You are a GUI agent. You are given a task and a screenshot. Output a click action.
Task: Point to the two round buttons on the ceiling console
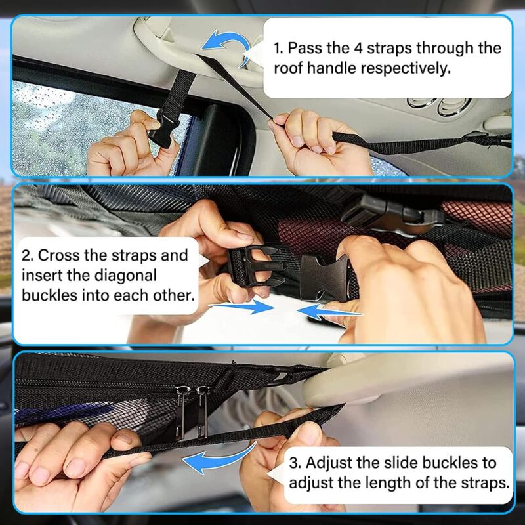click(x=439, y=106)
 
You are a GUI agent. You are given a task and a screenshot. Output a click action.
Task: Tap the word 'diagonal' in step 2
click(x=125, y=276)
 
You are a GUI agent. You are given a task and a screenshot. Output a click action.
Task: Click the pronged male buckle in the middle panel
click(x=255, y=267)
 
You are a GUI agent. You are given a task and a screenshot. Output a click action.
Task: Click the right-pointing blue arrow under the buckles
click(x=241, y=306)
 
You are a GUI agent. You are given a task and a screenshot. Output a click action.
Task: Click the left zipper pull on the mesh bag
click(x=181, y=411)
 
